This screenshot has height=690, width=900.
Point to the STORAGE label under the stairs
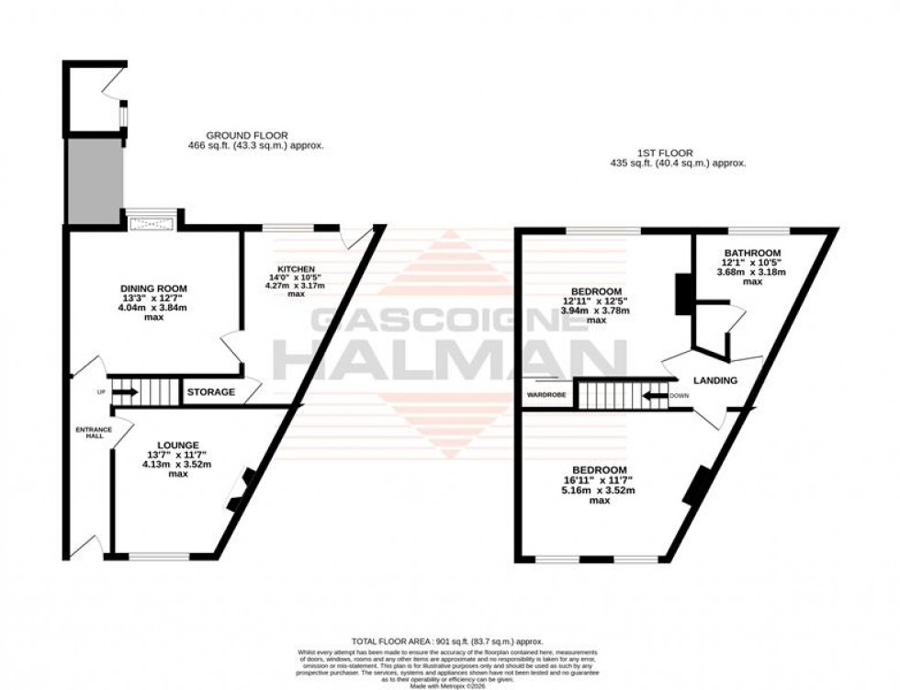[x=210, y=392]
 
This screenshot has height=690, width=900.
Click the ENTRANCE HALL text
[x=92, y=432]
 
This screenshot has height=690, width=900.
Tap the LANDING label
[x=714, y=380]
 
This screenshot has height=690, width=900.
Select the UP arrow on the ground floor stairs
[x=126, y=392]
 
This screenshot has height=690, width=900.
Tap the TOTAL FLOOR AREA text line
[x=447, y=641]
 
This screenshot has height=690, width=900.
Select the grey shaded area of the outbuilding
[x=93, y=181]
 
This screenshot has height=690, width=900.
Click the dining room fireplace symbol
[x=151, y=220]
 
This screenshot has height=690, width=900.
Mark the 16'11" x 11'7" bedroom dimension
[x=600, y=479]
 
